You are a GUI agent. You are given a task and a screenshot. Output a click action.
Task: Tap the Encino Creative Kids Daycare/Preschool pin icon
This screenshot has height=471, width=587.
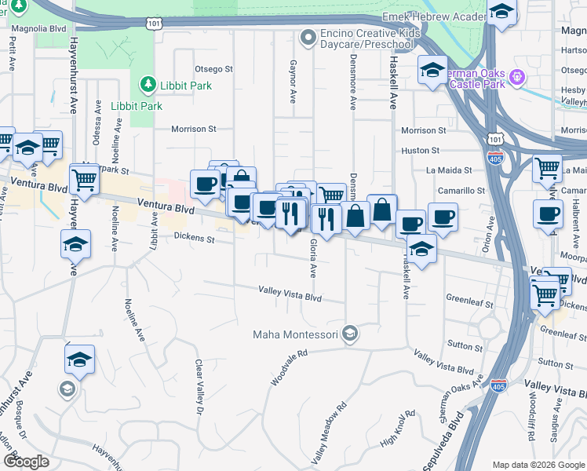[308, 36]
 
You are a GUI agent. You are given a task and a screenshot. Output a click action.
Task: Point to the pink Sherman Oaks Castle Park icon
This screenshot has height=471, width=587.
[516, 78]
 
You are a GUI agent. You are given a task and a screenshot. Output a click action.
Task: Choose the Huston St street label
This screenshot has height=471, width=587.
[420, 150]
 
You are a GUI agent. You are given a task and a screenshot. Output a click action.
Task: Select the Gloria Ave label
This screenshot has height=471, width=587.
[312, 258]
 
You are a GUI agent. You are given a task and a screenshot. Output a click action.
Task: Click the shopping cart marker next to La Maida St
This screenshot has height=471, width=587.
[547, 167]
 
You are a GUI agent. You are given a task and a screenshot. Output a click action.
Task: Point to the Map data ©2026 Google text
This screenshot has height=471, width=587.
[538, 465]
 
